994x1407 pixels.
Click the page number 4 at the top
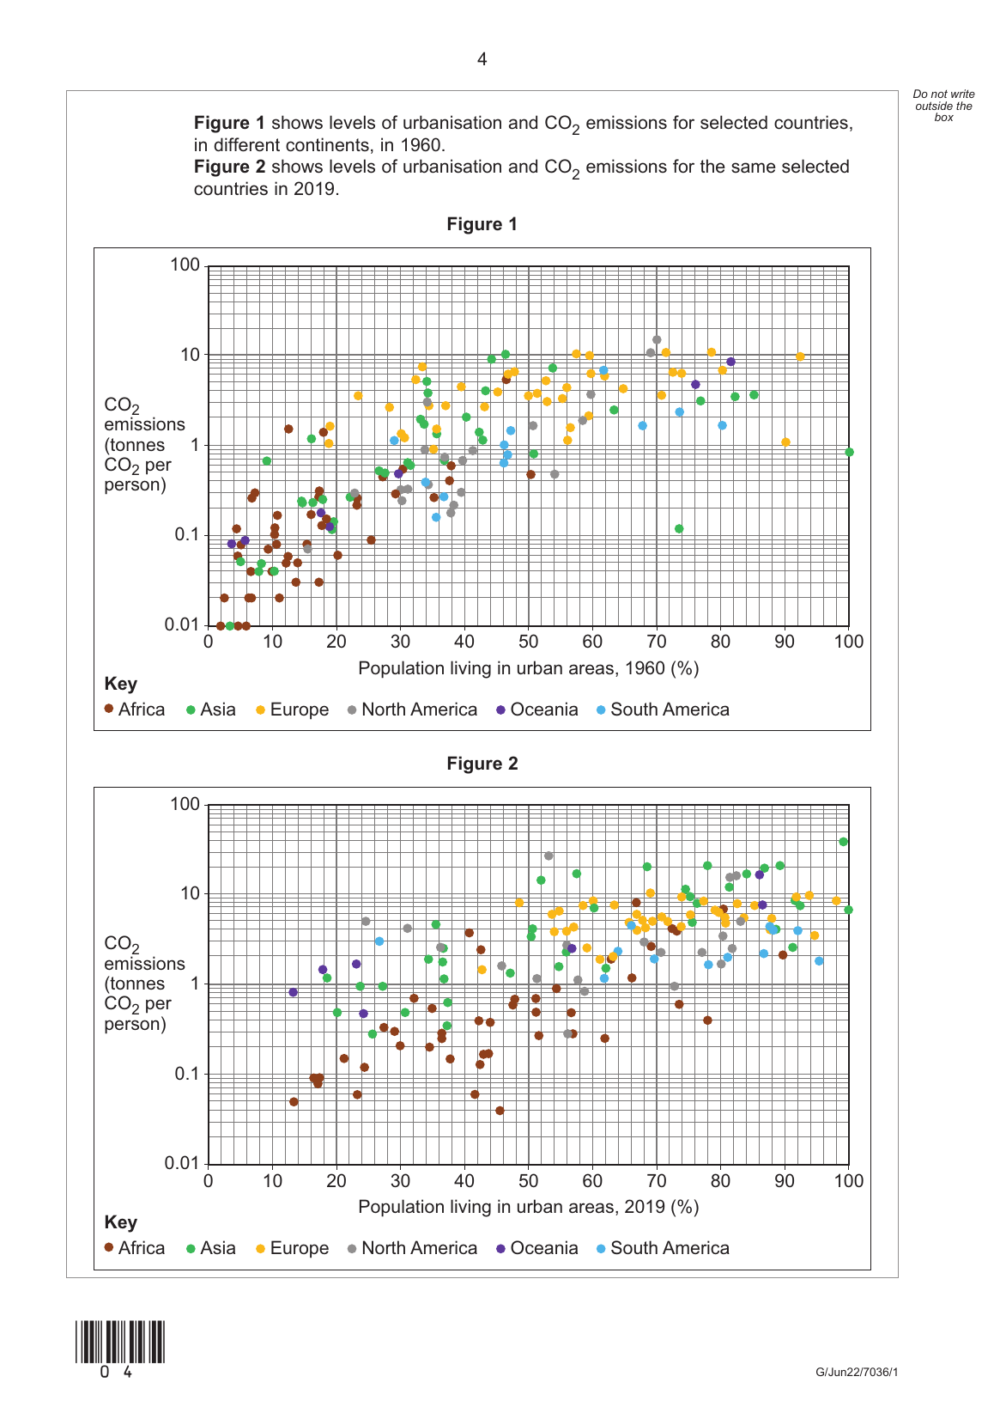tap(482, 59)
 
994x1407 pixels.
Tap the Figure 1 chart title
tap(482, 224)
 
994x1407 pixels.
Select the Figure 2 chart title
tap(482, 764)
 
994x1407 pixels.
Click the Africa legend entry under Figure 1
tap(135, 710)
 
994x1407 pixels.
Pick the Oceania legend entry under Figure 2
tap(537, 1248)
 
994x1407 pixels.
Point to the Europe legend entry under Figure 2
tap(293, 1248)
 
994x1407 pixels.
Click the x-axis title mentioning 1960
tap(528, 668)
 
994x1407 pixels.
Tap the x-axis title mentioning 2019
tap(528, 1207)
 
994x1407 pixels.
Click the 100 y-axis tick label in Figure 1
tap(185, 265)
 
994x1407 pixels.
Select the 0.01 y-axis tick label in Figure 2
tap(181, 1163)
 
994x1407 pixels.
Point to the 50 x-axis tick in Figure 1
tap(528, 642)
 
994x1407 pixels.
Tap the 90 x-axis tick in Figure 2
tap(785, 1181)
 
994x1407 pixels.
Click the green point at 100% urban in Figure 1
tap(849, 452)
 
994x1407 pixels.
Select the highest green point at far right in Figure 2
tap(843, 842)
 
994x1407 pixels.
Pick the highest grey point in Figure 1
tap(657, 340)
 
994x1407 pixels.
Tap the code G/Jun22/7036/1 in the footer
tap(857, 1372)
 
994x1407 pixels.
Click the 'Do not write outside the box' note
tap(943, 106)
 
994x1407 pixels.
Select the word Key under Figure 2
tap(120, 1222)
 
